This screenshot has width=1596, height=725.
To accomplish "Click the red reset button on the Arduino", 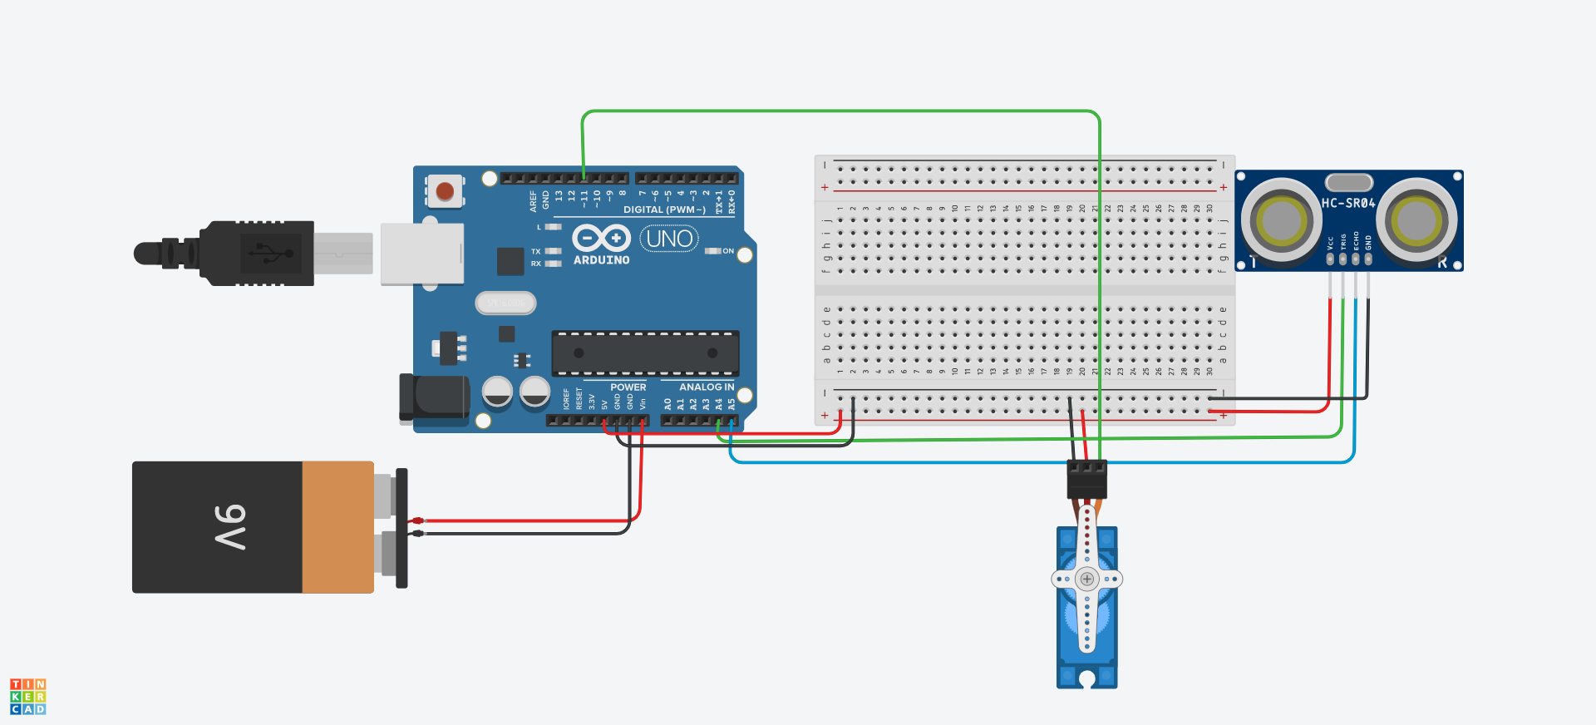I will click(445, 191).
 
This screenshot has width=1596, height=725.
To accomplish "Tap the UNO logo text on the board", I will click(669, 239).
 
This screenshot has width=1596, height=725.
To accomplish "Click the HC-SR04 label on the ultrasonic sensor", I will click(1348, 203).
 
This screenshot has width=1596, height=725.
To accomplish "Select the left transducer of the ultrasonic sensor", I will click(1281, 220).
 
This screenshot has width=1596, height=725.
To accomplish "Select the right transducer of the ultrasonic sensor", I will click(1416, 220).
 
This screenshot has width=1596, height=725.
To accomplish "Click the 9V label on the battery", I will click(230, 527).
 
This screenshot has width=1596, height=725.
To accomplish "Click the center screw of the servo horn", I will click(1086, 579).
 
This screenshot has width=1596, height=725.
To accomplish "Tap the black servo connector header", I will click(1086, 478).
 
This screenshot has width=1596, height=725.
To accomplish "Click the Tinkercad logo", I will click(27, 696).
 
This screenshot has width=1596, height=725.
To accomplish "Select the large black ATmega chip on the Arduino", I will click(645, 353).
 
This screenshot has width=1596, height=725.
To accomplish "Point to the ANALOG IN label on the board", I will click(707, 387).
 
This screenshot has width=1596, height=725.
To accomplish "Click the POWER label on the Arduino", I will click(628, 387).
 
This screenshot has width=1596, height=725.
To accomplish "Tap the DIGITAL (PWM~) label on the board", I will click(664, 210).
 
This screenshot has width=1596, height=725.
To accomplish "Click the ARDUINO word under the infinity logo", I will click(601, 260).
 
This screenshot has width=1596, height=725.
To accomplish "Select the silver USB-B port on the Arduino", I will click(421, 253).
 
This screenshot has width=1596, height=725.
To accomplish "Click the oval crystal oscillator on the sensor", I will click(1348, 182).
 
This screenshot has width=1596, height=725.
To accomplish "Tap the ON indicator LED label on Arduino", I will click(728, 251).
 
